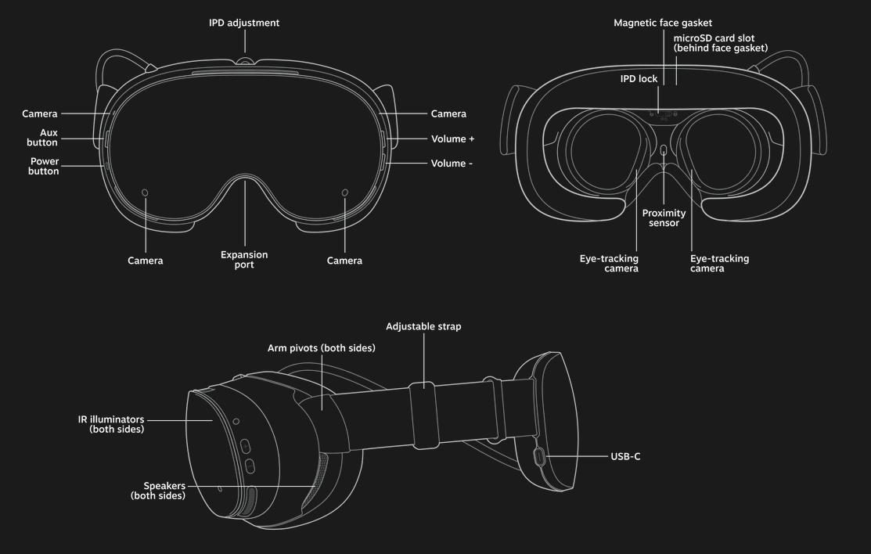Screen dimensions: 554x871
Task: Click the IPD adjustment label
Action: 243,23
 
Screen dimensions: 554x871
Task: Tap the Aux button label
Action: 49,138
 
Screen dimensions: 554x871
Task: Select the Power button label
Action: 44,166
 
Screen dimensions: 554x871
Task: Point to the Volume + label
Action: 452,138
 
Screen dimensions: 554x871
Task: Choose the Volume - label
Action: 452,164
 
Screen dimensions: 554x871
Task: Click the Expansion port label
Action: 244,260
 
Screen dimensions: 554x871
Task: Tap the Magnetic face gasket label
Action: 662,23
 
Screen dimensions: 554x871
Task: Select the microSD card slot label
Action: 720,43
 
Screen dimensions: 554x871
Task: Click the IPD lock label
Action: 639,79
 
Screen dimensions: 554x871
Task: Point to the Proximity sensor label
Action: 664,218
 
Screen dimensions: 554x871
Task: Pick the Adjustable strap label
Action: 423,326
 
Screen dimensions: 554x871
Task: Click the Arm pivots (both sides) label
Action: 321,347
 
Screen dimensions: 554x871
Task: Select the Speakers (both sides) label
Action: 158,491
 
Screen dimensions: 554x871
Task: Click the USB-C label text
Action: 625,456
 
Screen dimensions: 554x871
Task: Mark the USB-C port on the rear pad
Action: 538,456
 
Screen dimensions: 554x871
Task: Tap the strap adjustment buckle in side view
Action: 424,415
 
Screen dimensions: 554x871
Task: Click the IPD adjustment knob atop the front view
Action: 244,61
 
